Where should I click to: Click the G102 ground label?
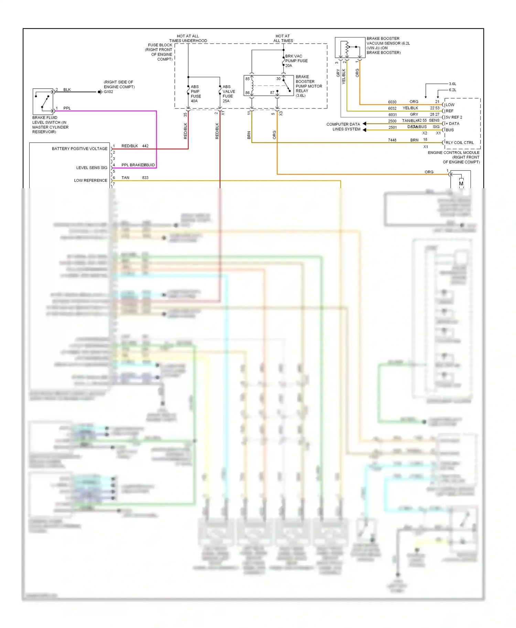click(x=108, y=92)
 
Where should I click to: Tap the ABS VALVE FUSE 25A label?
click(x=228, y=94)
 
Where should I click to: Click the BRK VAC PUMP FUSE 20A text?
click(x=296, y=61)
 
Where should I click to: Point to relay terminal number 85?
click(x=247, y=79)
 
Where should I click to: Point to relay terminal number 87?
click(x=272, y=92)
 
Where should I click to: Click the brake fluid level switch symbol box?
click(x=43, y=101)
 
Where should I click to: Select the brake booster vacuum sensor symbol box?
click(x=350, y=47)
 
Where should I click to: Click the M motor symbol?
click(x=461, y=183)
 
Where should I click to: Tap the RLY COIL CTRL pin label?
click(x=460, y=143)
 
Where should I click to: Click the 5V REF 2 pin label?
click(x=454, y=117)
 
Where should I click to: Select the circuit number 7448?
click(x=392, y=140)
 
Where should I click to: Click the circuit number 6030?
click(x=392, y=102)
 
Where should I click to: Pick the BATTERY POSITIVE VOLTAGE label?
click(x=79, y=149)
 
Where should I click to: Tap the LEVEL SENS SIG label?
click(x=92, y=168)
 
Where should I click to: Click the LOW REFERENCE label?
click(x=90, y=180)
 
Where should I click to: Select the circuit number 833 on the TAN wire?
click(x=145, y=178)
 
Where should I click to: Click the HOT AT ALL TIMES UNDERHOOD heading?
click(x=188, y=38)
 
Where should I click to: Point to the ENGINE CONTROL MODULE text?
click(x=453, y=153)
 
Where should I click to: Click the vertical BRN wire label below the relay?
click(x=249, y=135)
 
